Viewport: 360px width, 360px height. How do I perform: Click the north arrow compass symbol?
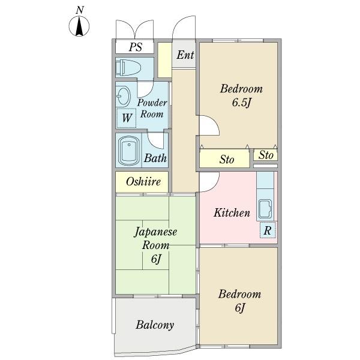tap(79, 26)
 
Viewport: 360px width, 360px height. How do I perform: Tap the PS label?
tap(136, 47)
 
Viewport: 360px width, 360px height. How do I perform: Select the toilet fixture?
tap(128, 68)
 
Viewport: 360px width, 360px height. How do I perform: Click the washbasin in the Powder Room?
tap(123, 96)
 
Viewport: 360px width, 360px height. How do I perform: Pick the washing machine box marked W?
tap(126, 118)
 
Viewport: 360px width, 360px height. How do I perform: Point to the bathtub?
tap(129, 150)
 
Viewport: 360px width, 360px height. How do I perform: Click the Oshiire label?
tap(143, 182)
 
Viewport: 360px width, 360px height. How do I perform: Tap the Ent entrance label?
tap(185, 55)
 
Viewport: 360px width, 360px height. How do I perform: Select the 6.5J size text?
tap(241, 102)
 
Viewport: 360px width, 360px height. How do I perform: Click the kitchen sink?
tap(265, 209)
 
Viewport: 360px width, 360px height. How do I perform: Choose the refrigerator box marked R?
tap(268, 230)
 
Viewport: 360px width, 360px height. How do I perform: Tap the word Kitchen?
tap(232, 212)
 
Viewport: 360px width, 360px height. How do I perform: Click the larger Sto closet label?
tap(227, 160)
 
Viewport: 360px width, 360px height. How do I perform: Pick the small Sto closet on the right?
tap(266, 155)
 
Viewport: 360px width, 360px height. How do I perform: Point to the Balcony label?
tap(155, 325)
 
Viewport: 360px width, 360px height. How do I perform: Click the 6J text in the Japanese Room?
tap(156, 259)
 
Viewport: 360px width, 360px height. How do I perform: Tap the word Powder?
tap(152, 103)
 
